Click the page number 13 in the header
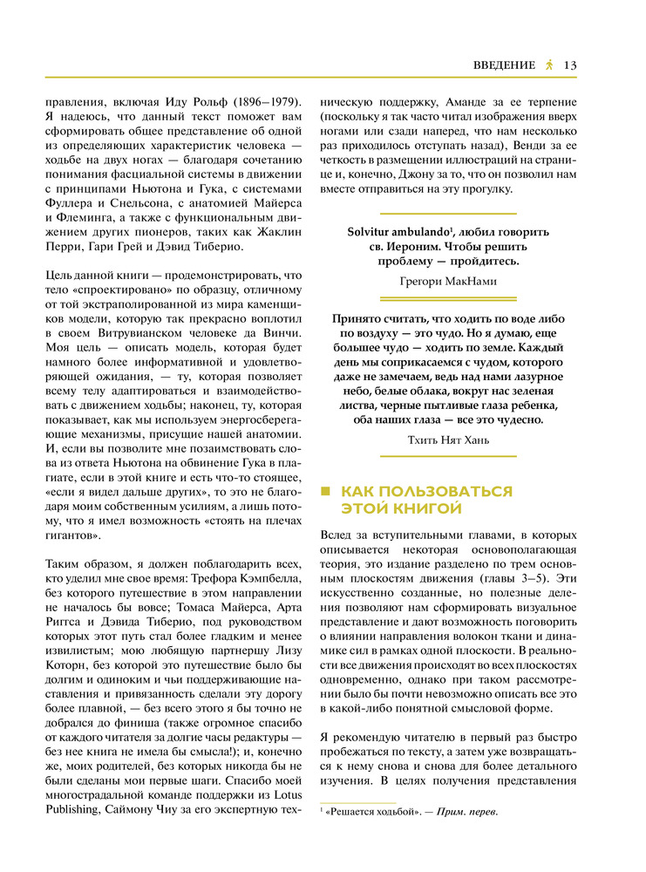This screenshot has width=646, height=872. (x=572, y=65)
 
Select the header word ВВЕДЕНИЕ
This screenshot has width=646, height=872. (x=504, y=65)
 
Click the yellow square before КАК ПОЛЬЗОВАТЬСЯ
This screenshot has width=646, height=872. (x=327, y=492)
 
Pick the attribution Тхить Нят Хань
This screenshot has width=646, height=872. (x=448, y=439)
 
